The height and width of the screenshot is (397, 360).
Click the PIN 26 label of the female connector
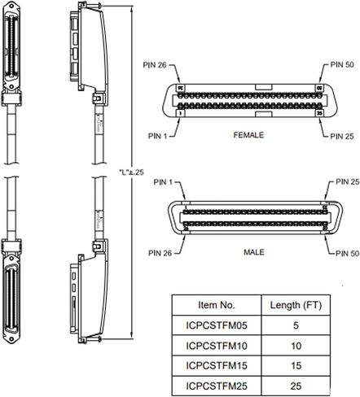click(155, 65)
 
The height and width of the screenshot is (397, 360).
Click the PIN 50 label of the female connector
click(342, 64)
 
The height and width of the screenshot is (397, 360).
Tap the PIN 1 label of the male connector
click(163, 182)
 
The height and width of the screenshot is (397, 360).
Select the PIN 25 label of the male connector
click(347, 181)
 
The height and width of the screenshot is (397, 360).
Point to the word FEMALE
click(248, 135)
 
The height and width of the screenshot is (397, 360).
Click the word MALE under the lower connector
click(254, 252)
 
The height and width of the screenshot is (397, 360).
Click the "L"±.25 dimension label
click(131, 172)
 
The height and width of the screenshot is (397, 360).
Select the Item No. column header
click(217, 305)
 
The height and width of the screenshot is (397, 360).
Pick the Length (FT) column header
click(296, 305)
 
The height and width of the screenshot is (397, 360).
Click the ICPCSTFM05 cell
click(217, 325)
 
